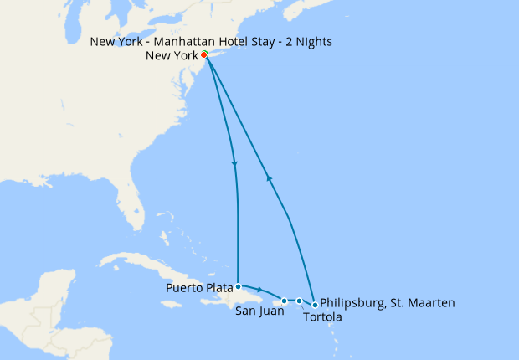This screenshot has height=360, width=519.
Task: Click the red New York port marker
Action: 204,54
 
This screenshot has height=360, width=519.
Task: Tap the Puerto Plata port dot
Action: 239,285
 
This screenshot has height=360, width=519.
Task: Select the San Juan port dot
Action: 285,301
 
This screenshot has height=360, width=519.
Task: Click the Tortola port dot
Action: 299,301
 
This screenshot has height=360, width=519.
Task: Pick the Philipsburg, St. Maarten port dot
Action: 315,305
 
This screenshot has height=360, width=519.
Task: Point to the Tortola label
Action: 322,317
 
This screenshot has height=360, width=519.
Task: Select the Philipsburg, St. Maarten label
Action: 388,302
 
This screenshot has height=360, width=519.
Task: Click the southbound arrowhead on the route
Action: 234,163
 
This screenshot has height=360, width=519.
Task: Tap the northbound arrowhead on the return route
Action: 268,177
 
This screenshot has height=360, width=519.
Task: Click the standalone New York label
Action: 172,56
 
